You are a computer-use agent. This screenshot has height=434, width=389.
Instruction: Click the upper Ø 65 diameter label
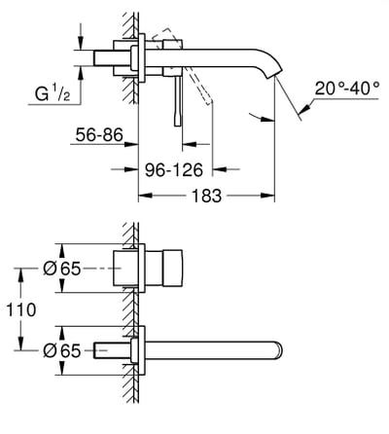coord(47,269)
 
